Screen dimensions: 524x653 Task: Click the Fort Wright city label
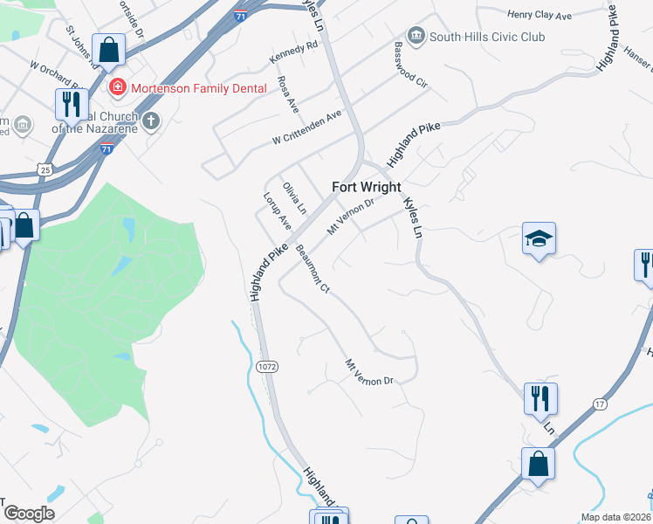click(367, 187)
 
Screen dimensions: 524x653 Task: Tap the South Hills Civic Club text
click(487, 37)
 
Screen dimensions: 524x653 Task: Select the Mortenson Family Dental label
click(187, 87)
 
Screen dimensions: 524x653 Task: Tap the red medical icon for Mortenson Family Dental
click(115, 87)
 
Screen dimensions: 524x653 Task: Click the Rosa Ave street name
click(287, 93)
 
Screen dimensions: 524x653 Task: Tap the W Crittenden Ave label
click(306, 128)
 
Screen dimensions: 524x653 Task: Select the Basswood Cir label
click(410, 65)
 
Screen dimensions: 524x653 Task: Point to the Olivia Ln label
click(295, 198)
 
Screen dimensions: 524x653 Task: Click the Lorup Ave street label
click(277, 211)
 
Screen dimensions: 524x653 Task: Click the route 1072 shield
click(267, 367)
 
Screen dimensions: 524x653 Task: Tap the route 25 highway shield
click(45, 168)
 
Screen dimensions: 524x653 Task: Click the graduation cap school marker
click(539, 238)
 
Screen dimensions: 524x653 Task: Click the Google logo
click(29, 513)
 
